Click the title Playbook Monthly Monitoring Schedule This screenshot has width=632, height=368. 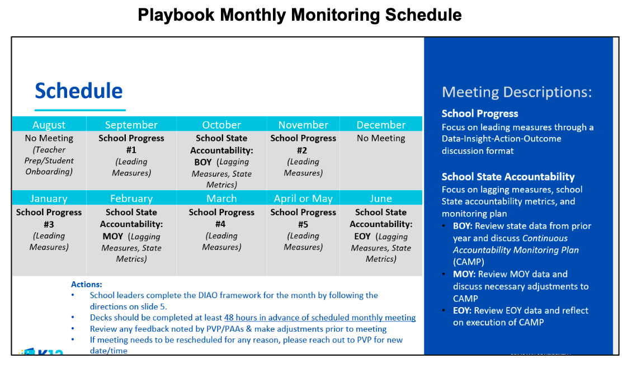[300, 15]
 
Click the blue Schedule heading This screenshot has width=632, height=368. [79, 91]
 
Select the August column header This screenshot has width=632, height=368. [49, 125]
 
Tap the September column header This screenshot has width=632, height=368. [131, 125]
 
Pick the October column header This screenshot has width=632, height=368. [221, 125]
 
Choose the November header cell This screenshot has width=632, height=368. [303, 125]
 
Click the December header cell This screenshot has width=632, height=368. [381, 125]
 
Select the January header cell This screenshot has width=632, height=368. [49, 199]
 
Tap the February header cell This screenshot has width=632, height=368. [131, 199]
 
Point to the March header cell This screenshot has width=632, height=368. [221, 199]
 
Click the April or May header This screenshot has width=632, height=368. [303, 199]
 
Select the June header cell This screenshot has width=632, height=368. [381, 199]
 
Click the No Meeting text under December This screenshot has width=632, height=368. [381, 138]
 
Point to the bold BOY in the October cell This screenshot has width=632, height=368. [203, 162]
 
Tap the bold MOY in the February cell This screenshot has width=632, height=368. [113, 237]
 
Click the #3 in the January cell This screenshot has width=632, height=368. [49, 224]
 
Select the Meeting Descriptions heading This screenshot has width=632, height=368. [516, 92]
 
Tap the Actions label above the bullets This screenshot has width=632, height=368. [87, 285]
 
